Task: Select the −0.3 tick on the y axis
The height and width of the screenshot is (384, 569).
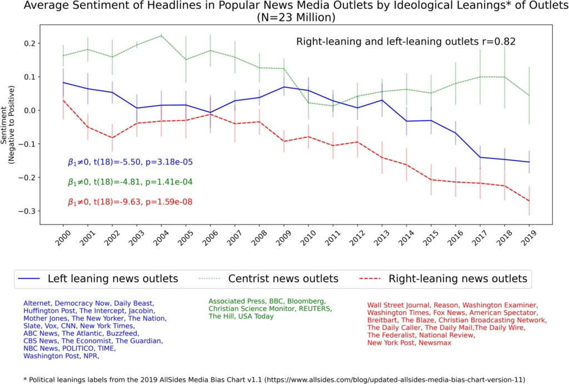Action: [28, 211]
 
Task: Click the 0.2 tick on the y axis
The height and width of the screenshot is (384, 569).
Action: [31, 43]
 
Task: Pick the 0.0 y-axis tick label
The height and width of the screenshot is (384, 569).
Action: [31, 111]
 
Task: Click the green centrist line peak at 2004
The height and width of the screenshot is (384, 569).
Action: [161, 36]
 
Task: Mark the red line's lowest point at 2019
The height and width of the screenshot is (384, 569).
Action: [528, 201]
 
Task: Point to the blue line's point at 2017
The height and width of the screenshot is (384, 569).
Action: [480, 157]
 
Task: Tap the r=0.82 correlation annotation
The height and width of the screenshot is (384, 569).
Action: [406, 42]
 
